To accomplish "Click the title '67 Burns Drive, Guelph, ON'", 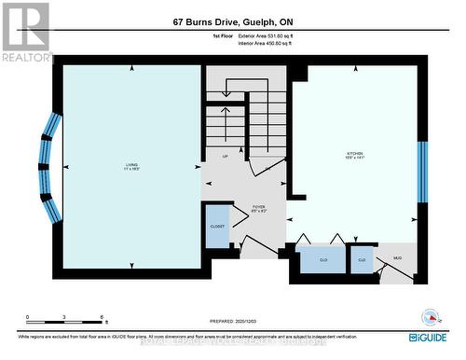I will point(233,21).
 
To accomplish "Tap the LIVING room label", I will point(131,167).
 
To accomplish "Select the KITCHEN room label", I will point(354,156).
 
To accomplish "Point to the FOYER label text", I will point(258,209).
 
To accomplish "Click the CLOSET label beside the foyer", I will point(216,225).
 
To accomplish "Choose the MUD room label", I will point(397,256).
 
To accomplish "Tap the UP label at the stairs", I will point(225,156).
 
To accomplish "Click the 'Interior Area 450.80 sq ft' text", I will point(270,43).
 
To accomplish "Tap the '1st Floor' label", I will point(221,35).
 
